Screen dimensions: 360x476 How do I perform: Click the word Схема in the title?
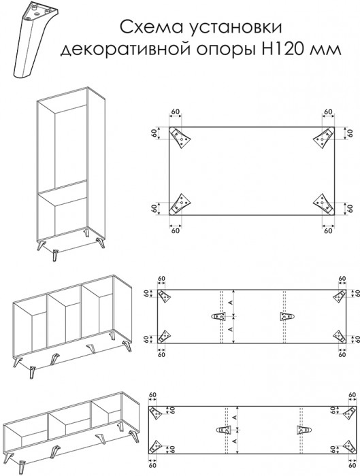(150, 27)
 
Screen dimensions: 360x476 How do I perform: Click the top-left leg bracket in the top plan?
(180, 138)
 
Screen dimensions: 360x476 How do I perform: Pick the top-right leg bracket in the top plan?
(323, 138)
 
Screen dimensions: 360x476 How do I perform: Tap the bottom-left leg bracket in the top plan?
(180, 204)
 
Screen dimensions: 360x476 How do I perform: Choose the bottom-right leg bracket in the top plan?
(323, 204)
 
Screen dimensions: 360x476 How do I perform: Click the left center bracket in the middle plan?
(219, 317)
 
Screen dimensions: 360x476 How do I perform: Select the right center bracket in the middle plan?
(287, 317)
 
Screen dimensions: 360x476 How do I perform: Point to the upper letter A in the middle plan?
(230, 303)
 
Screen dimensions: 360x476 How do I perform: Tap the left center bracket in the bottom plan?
(224, 430)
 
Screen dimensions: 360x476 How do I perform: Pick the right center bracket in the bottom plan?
(304, 430)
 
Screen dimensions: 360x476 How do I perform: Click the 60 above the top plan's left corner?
(176, 112)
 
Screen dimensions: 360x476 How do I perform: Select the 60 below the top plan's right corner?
(328, 231)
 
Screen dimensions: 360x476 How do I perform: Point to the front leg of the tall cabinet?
(55, 255)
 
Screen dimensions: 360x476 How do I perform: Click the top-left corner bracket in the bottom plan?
(155, 413)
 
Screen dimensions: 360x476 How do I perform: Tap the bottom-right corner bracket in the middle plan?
(340, 337)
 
